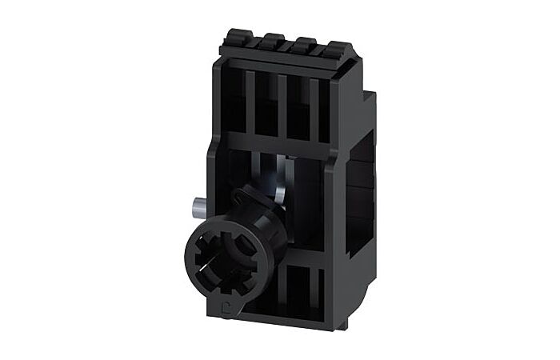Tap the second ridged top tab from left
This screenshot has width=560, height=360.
point(272,39)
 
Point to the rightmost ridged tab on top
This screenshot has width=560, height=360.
point(337,46)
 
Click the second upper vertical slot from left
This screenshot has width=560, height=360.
point(267,104)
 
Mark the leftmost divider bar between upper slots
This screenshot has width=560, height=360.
point(250,102)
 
